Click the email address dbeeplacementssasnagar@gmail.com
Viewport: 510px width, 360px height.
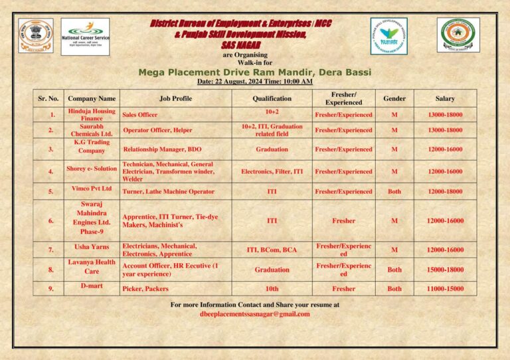(254, 314)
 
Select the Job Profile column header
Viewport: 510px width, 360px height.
(175, 98)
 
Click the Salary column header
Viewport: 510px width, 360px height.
(445, 98)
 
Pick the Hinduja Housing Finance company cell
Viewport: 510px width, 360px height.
(92, 114)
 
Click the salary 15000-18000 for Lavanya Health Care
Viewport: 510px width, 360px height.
(445, 270)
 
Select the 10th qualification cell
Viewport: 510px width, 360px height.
(272, 289)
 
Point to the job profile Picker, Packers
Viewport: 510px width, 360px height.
(145, 289)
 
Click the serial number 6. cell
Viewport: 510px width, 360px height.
(52, 221)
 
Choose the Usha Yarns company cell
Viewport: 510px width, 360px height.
(92, 247)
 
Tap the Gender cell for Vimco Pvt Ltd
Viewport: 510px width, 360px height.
(394, 191)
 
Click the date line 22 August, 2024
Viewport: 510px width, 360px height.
(254, 82)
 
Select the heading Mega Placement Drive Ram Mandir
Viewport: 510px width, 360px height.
(254, 72)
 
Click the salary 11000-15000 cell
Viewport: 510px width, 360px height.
(445, 289)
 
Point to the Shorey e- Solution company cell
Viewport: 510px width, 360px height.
(92, 169)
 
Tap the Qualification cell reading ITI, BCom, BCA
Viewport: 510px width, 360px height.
(272, 250)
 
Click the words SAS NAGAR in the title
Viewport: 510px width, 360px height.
(241, 45)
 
